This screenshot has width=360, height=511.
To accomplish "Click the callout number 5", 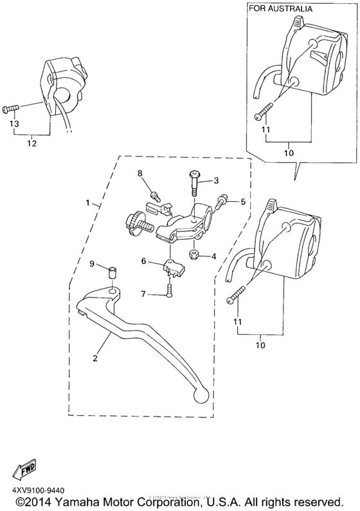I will (x=243, y=202).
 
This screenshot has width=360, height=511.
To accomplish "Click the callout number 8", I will (x=138, y=174).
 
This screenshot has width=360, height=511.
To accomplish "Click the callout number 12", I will (x=30, y=144).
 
